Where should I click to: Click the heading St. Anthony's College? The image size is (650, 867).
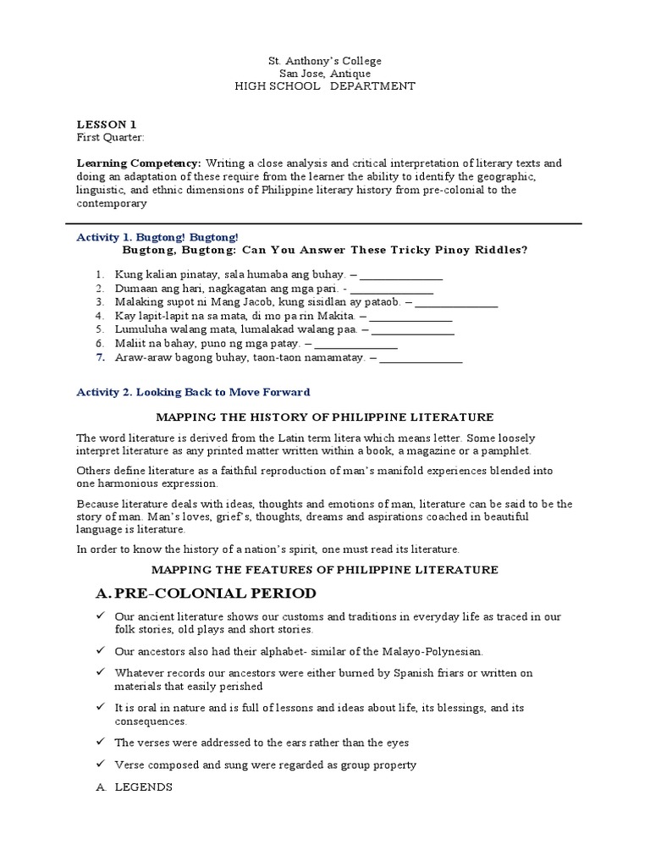(x=325, y=61)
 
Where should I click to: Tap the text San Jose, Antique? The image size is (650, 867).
(x=325, y=74)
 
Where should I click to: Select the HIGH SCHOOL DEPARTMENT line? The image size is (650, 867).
(x=325, y=86)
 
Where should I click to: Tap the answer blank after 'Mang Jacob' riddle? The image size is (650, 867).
(x=457, y=302)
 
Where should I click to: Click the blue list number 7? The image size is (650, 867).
(x=99, y=357)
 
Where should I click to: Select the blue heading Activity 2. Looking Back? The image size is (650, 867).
(x=193, y=392)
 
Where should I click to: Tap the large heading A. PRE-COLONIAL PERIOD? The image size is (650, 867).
(x=207, y=593)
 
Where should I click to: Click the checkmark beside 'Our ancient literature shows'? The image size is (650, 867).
(x=100, y=617)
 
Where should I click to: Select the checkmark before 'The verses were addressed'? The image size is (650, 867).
(x=100, y=743)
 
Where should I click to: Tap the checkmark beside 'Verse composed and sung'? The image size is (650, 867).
(x=100, y=765)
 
